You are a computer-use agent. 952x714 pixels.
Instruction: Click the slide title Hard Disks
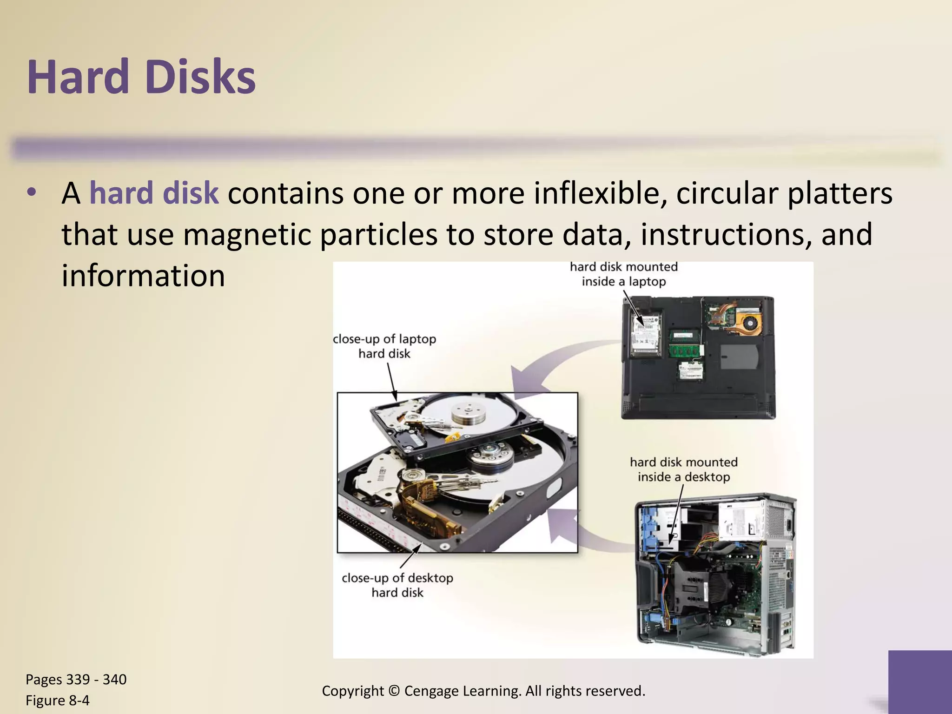[141, 77]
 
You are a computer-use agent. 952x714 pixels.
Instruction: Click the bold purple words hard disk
[153, 193]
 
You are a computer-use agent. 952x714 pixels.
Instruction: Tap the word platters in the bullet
[840, 193]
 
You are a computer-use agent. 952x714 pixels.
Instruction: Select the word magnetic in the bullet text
[247, 234]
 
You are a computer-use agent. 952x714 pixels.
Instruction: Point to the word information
[143, 276]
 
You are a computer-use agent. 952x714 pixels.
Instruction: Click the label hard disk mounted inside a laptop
[623, 274]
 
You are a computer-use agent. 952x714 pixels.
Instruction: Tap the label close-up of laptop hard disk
[384, 346]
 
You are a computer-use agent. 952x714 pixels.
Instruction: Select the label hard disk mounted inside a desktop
[683, 469]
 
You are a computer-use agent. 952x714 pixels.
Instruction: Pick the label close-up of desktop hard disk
[397, 585]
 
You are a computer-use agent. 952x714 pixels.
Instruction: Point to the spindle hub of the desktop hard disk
[490, 454]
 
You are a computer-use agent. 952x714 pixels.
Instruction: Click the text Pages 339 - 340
[76, 680]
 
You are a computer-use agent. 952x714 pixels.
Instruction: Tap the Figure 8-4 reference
[58, 701]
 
